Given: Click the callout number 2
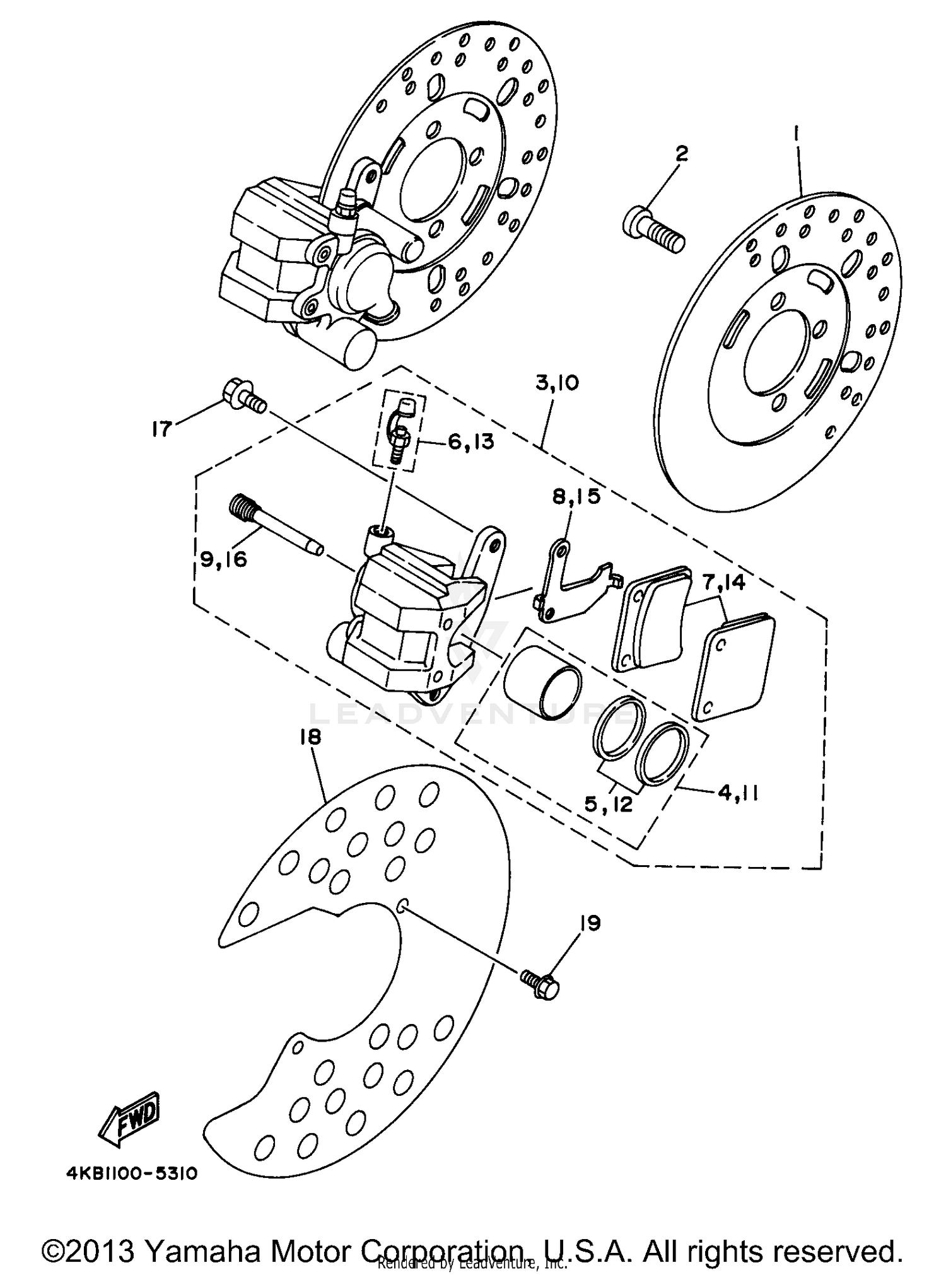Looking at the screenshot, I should pyautogui.click(x=681, y=153).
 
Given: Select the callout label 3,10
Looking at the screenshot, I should pyautogui.click(x=558, y=383).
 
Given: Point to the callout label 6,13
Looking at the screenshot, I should pyautogui.click(x=471, y=441).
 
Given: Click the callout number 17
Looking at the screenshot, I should pyautogui.click(x=161, y=429).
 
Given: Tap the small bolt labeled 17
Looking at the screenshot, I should pyautogui.click(x=243, y=396).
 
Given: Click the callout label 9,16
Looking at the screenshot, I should pyautogui.click(x=223, y=559).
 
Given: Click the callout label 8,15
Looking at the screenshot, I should pyautogui.click(x=576, y=498).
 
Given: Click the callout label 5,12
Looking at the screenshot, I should pyautogui.click(x=609, y=804).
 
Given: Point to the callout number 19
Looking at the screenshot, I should pyautogui.click(x=590, y=923).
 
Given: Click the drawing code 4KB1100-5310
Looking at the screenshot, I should pyautogui.click(x=132, y=1173).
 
